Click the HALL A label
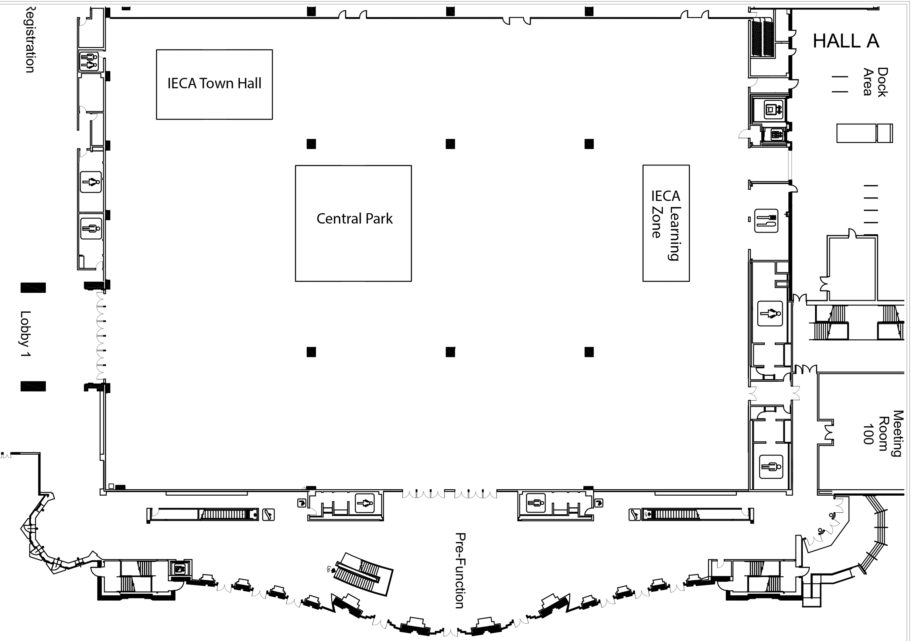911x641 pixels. (x=845, y=41)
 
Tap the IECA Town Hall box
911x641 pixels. (x=214, y=84)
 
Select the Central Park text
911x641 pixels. (x=354, y=219)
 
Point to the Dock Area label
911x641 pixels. (x=876, y=82)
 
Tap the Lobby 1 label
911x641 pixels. (x=26, y=334)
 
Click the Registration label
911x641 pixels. (x=30, y=40)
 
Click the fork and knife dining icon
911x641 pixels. (x=766, y=221)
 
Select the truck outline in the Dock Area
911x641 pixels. (x=864, y=133)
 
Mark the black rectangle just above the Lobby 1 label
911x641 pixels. (x=33, y=288)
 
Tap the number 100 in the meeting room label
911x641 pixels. (x=868, y=434)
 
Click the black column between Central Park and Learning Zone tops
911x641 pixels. (x=450, y=144)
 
